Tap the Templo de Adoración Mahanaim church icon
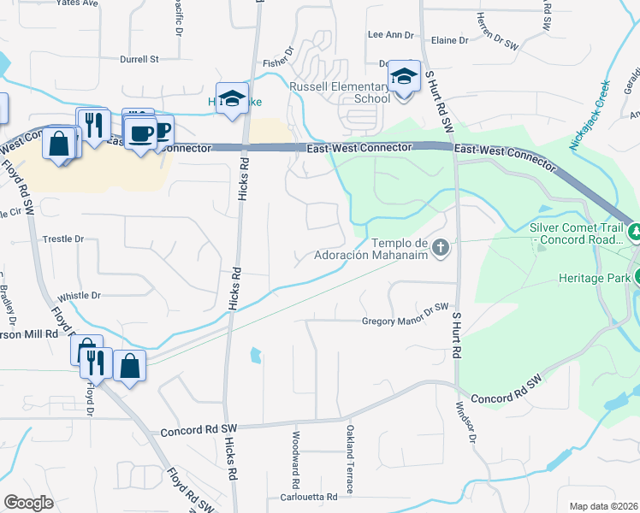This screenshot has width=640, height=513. coord(441,248)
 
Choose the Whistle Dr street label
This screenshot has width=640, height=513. coord(80,295)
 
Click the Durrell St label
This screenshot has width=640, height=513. coord(140,60)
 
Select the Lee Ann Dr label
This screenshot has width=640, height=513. coord(390,35)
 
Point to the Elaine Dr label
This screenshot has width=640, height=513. coord(450,40)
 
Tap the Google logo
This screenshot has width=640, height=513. coord(28,503)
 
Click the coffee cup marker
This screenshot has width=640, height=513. coord(141,133)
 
